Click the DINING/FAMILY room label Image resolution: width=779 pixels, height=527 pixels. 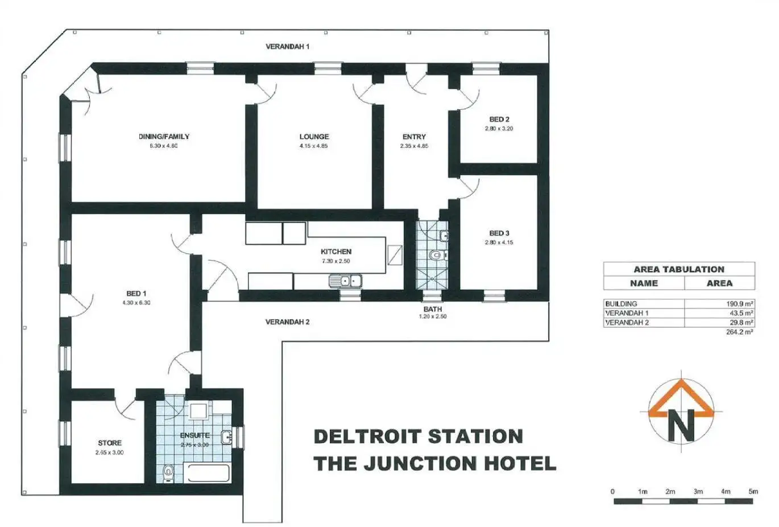pyautogui.click(x=164, y=137)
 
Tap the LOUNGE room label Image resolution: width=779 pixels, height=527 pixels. pyautogui.click(x=314, y=137)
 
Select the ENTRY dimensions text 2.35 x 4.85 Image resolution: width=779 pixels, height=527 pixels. pyautogui.click(x=414, y=146)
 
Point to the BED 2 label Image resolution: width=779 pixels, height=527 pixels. pyautogui.click(x=499, y=120)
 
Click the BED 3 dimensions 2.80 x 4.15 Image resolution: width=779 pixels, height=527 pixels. pyautogui.click(x=499, y=242)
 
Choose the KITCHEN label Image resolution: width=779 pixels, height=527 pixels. pyautogui.click(x=336, y=252)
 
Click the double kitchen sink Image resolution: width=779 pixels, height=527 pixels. pyautogui.click(x=345, y=281)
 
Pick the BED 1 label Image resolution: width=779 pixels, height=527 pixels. pyautogui.click(x=136, y=294)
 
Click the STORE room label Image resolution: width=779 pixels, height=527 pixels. pyautogui.click(x=110, y=443)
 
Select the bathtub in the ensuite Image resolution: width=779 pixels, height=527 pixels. pyautogui.click(x=208, y=474)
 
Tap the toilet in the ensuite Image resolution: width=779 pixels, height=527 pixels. pyautogui.click(x=168, y=472)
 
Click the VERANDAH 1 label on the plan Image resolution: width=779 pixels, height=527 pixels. pyautogui.click(x=288, y=47)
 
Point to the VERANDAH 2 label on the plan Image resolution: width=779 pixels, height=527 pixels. pyautogui.click(x=288, y=322)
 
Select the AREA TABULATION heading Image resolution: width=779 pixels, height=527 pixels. pyautogui.click(x=679, y=269)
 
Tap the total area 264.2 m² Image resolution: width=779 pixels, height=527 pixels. pyautogui.click(x=739, y=332)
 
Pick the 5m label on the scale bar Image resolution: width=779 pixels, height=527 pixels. pyautogui.click(x=753, y=491)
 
